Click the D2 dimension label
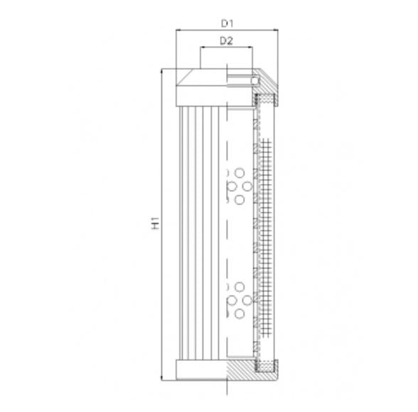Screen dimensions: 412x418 coord(226,40)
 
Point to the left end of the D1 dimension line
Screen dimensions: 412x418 coord(176,31)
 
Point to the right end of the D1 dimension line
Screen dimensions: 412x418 coord(276,31)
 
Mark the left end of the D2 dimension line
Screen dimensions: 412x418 coord(200,48)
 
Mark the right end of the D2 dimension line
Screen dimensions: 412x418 coord(252,48)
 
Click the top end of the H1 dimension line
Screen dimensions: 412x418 coord(164,70)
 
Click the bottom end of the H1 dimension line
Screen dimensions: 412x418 coord(164,378)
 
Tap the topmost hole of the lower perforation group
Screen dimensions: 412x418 coord(240,286)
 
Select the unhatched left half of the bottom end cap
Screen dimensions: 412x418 coord(201,369)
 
